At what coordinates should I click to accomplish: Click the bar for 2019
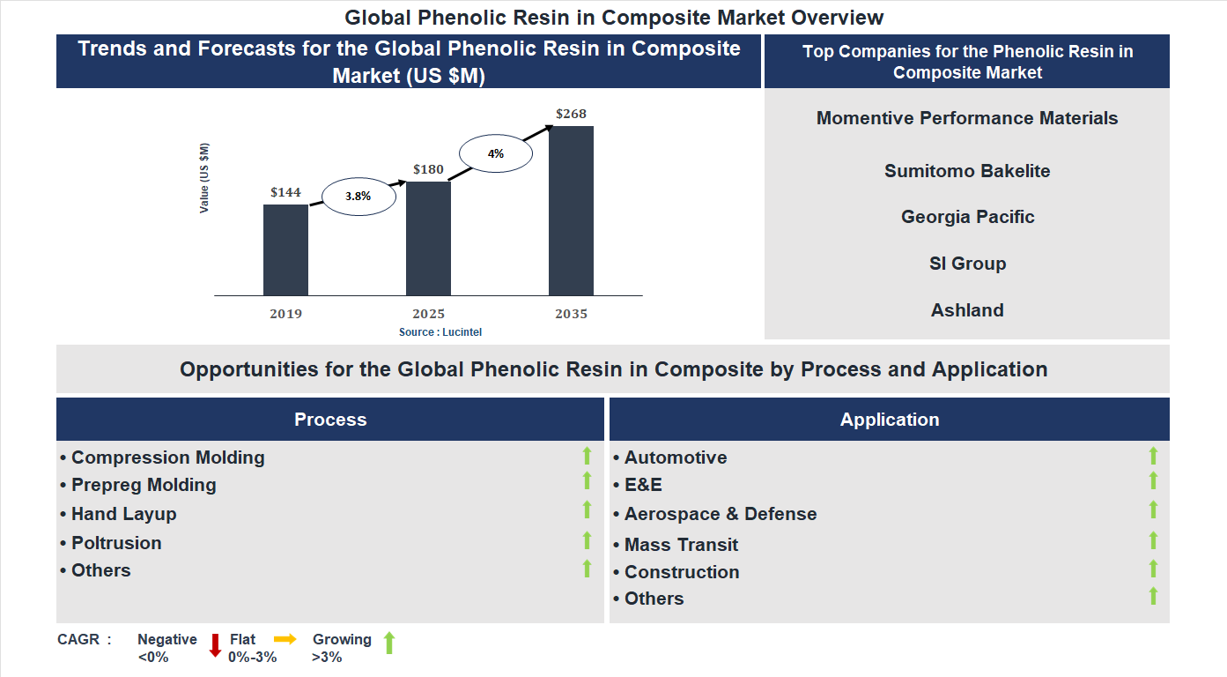[x=285, y=249]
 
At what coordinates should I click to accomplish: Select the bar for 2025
[x=428, y=238]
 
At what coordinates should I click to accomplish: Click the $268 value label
[x=571, y=114]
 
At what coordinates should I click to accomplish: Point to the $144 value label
[x=285, y=192]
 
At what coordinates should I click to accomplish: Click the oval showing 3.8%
[x=358, y=197]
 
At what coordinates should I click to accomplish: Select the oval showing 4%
[x=496, y=153]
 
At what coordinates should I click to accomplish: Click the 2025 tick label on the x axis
[x=428, y=314]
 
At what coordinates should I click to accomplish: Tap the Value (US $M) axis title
[x=204, y=178]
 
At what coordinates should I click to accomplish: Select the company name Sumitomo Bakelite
[x=967, y=171]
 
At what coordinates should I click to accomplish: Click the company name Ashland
[x=967, y=310]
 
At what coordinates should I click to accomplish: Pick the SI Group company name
[x=967, y=264]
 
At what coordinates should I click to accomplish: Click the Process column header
[x=330, y=420]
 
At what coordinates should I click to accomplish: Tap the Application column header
[x=890, y=420]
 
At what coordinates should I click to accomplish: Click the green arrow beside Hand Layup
[x=587, y=510]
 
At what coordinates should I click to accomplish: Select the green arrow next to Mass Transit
[x=1153, y=540]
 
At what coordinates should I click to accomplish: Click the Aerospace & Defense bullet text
[x=721, y=514]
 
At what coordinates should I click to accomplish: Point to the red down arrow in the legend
[x=215, y=645]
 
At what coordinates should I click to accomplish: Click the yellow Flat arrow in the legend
[x=285, y=639]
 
